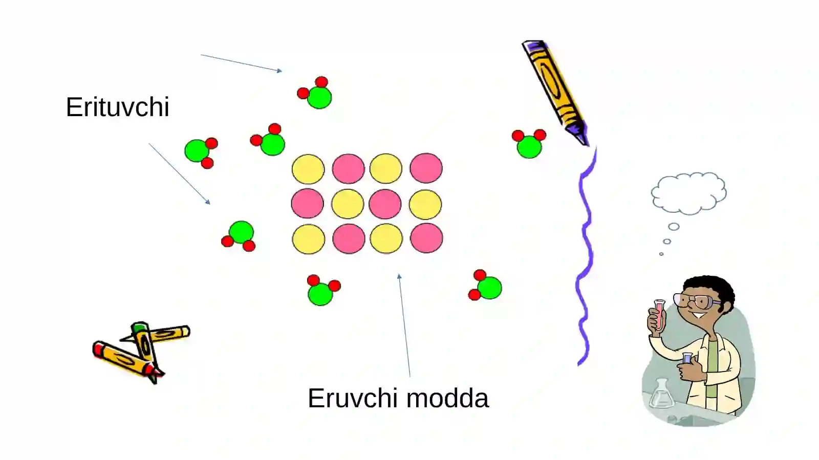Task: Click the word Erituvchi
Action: tap(117, 107)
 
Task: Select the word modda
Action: tap(447, 398)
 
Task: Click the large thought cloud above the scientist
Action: tap(688, 193)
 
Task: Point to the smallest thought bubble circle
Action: tap(661, 254)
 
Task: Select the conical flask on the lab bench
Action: tap(661, 394)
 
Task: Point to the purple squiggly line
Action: tap(586, 256)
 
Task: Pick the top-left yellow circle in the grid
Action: tap(308, 169)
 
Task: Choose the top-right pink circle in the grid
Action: tap(426, 168)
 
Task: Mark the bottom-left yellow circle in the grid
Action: tap(309, 239)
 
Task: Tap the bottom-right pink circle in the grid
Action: tap(427, 238)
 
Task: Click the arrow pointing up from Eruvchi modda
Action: tap(404, 325)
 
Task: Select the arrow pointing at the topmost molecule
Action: tap(241, 63)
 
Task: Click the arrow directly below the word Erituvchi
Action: tap(179, 173)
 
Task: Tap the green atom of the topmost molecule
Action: tap(319, 97)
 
